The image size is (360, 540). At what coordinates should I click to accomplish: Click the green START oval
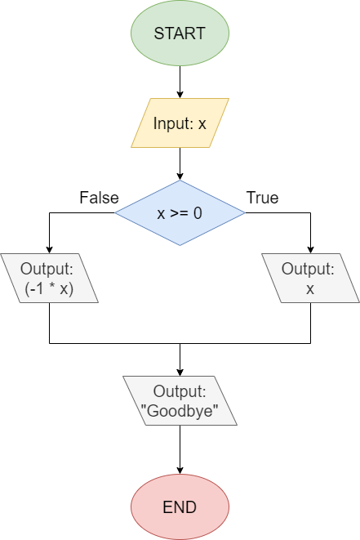[180, 33]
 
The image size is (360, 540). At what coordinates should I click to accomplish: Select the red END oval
[180, 507]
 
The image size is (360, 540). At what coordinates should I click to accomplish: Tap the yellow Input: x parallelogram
[180, 123]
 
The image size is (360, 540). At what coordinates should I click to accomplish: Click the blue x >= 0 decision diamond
[180, 212]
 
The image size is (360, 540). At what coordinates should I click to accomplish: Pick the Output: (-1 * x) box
[49, 279]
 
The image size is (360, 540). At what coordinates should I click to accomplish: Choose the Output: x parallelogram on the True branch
[310, 279]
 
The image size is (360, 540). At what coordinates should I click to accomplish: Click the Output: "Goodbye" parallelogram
[180, 400]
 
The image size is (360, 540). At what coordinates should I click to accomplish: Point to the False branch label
[99, 198]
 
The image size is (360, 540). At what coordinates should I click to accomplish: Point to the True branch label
[262, 198]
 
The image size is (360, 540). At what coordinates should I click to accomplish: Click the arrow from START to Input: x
[180, 82]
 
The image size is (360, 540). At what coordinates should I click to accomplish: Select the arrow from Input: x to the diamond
[180, 163]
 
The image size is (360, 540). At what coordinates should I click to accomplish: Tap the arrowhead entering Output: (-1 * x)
[49, 249]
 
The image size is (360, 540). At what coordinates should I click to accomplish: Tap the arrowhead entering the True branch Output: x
[310, 249]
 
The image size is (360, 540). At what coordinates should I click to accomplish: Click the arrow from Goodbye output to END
[180, 449]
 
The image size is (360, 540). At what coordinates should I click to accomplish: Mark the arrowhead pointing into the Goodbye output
[180, 372]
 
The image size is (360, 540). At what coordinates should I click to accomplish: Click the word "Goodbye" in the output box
[180, 411]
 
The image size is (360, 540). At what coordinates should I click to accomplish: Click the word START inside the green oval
[180, 33]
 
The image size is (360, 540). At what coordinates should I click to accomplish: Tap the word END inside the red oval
[180, 507]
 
